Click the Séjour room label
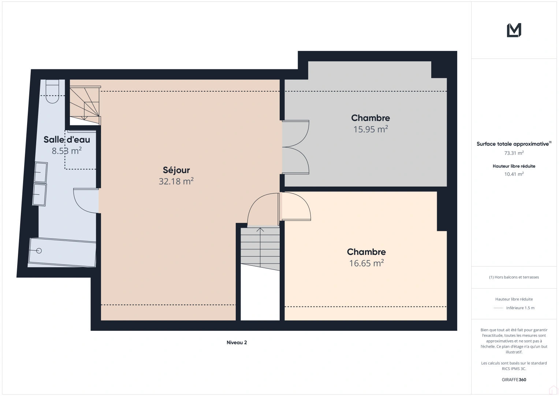point(176,170)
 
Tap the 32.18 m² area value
point(176,181)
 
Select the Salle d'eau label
point(67,139)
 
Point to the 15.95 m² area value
point(370,129)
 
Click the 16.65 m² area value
point(366,263)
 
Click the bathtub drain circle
point(39,250)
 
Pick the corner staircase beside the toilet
point(85,105)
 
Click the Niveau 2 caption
point(236,342)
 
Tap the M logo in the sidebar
point(514,30)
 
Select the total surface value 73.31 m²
point(514,153)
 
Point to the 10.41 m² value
point(514,174)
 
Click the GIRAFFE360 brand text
point(514,379)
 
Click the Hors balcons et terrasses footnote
point(514,277)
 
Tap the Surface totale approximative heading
point(514,144)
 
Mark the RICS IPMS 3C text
point(514,368)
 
